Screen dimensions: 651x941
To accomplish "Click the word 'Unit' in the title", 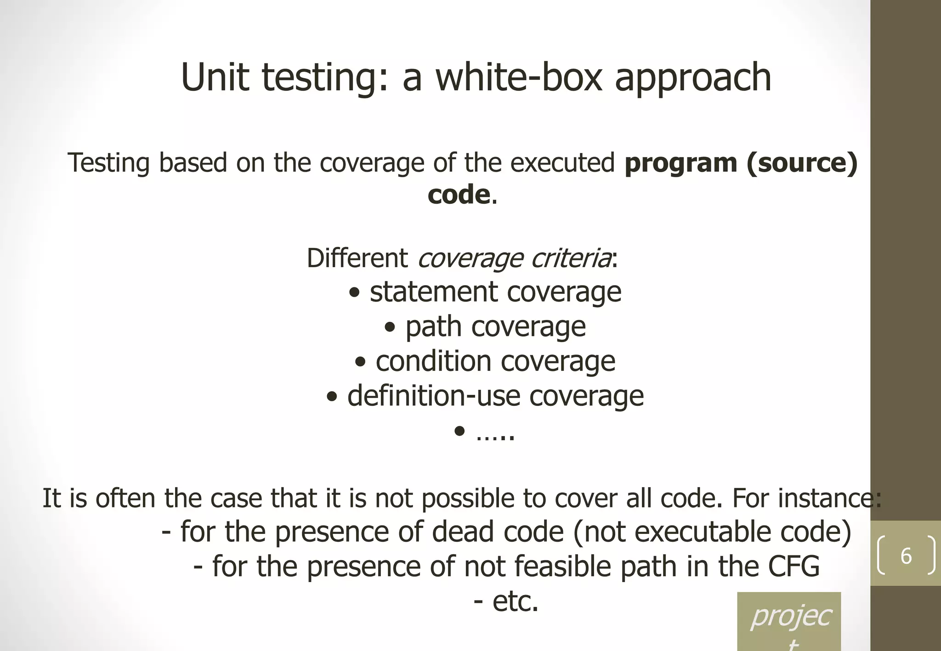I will pos(215,77).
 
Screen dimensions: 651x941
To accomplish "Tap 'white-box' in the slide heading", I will pos(519,77).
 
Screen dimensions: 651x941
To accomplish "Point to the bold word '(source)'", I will pos(802,163).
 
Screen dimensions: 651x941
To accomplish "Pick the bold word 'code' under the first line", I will pos(459,195).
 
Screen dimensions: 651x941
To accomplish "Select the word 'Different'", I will pos(357,258).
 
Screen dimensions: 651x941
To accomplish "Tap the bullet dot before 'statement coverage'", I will pos(354,293).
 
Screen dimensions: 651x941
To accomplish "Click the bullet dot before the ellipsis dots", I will pos(459,431).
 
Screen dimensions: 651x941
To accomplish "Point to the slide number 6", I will pos(906,556).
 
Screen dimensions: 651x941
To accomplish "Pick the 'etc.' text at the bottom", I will pos(515,601).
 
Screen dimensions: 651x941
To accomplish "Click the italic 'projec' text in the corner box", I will pos(790,617).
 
